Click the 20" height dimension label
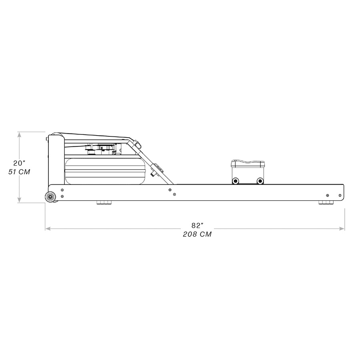tap(19, 163)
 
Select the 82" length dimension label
tap(195, 226)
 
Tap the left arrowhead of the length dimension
tap(48, 229)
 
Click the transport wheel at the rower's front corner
tap(50, 197)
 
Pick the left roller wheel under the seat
tap(236, 181)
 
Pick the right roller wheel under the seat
tap(260, 181)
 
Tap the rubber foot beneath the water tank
tap(104, 203)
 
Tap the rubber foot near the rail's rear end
tap(326, 203)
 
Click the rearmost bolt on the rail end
tap(340, 195)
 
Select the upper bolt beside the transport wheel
tap(62, 190)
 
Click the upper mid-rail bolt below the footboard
tap(170, 190)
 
